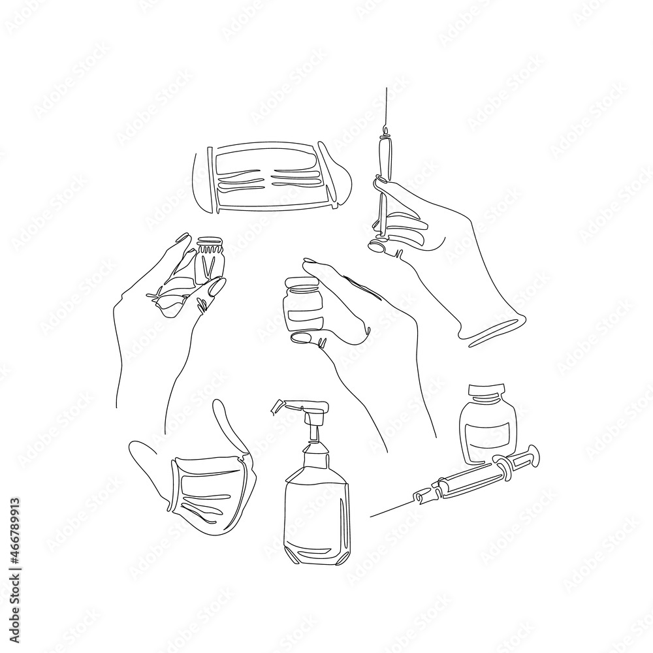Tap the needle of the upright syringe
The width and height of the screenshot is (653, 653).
pos(385,111)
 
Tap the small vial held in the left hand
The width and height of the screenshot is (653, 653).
pos(210,261)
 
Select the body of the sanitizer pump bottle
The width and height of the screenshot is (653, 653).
pos(317,509)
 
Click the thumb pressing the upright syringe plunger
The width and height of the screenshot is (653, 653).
pos(379,247)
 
